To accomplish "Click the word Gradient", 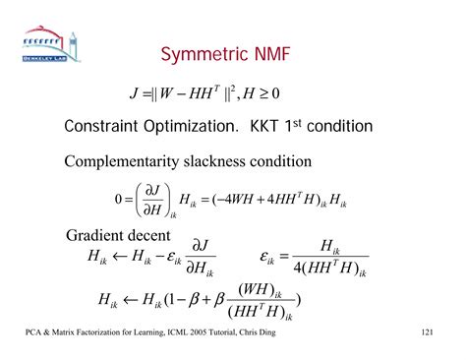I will point(99,236).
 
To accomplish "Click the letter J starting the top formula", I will point(134,94).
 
